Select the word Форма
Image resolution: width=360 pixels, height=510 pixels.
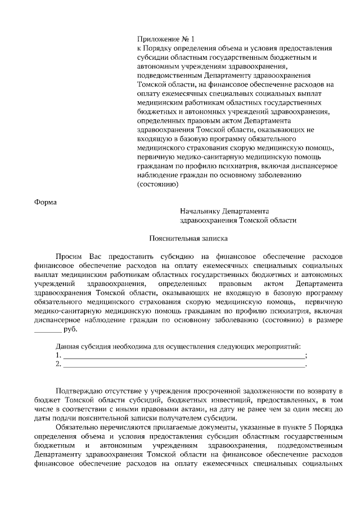click(x=45, y=201)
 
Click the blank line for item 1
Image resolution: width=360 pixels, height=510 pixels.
click(x=182, y=356)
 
